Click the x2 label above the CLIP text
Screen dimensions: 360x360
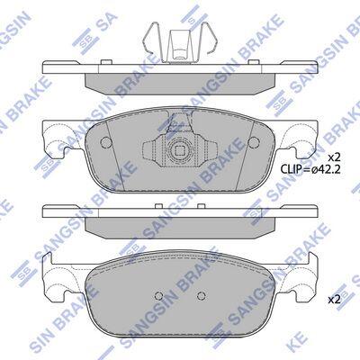click(334, 157)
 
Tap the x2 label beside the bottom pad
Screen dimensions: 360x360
click(334, 299)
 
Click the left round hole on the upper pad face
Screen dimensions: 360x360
click(105, 142)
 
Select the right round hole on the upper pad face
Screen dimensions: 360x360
click(254, 142)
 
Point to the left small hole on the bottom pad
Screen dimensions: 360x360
click(158, 296)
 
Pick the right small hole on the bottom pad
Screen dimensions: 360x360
click(201, 296)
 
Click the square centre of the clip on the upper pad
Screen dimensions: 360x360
click(180, 148)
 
